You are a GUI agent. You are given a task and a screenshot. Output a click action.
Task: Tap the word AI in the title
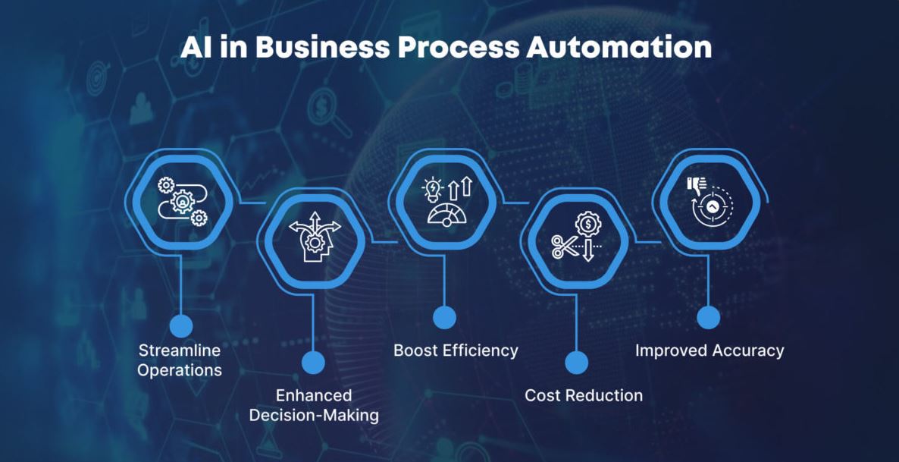point(194,48)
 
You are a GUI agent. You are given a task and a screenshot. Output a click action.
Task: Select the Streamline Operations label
point(180,360)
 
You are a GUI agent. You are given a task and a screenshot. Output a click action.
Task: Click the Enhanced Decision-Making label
point(314,404)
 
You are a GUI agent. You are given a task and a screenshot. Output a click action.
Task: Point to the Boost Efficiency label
point(456,350)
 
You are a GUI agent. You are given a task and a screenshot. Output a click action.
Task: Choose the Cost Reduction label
point(584,395)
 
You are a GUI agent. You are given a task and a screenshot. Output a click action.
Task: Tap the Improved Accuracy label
point(709,350)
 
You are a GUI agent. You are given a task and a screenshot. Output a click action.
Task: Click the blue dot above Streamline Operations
point(181,325)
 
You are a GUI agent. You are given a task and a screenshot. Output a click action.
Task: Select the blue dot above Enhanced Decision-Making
point(313,363)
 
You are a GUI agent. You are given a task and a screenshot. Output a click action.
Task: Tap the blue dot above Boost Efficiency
point(444,317)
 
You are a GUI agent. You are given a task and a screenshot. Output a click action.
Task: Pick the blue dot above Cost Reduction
point(576,363)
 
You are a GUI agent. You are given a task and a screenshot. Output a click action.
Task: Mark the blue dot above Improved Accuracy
point(708,317)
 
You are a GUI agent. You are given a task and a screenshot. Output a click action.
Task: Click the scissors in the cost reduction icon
point(563,247)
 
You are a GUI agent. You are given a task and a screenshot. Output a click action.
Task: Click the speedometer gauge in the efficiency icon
point(447,215)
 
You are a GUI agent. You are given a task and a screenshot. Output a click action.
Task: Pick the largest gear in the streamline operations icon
point(183,202)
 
